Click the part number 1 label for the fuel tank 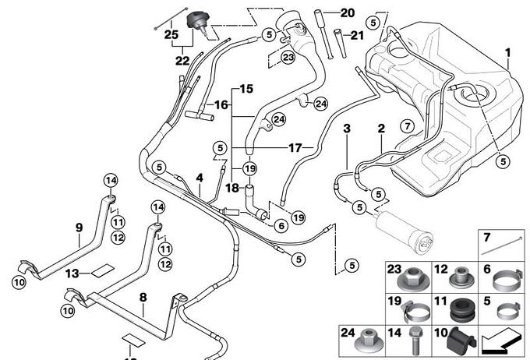[x=507, y=53]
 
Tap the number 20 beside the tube [x=348, y=12]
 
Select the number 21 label [x=357, y=35]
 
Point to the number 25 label [x=171, y=34]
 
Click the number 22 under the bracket [x=182, y=61]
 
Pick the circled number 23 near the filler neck [x=288, y=57]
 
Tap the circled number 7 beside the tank [x=408, y=126]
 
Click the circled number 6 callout [x=281, y=225]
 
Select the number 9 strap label [x=79, y=228]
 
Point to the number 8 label [x=143, y=298]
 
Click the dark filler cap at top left [x=199, y=23]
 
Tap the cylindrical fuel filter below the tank [x=403, y=231]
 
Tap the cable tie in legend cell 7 [x=501, y=245]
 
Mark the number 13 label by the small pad [x=72, y=274]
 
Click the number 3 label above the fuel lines [x=347, y=129]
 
